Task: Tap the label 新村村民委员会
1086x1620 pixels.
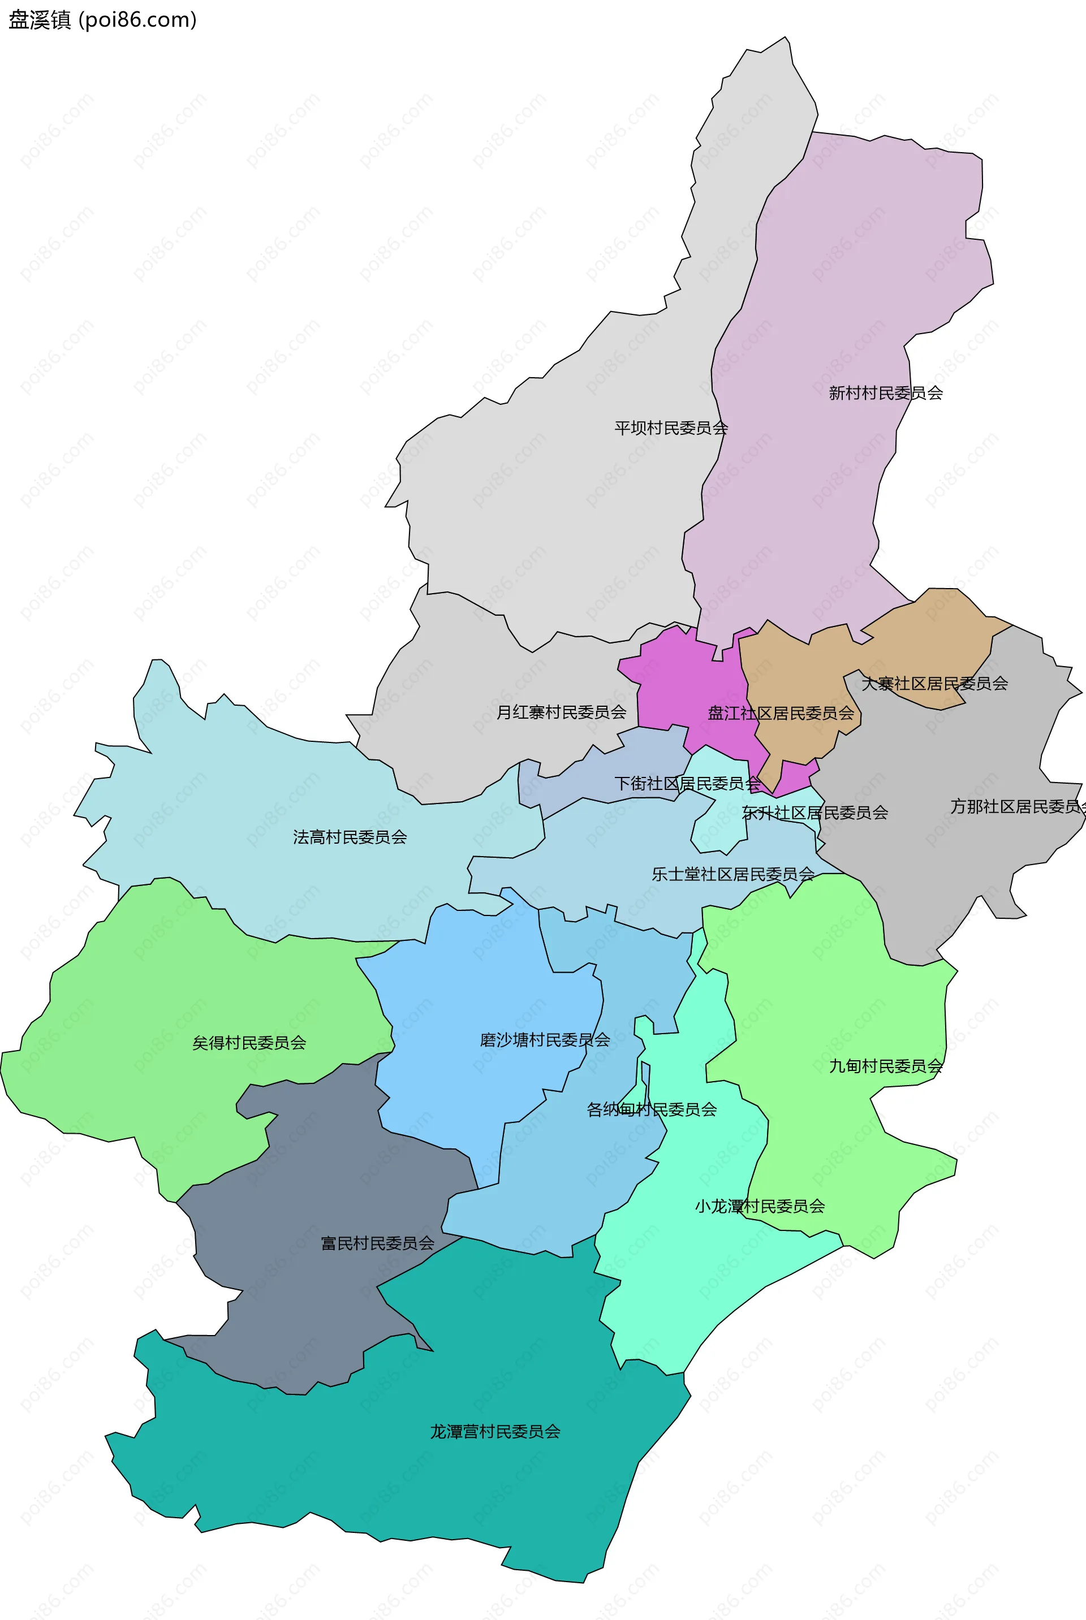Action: [x=885, y=393]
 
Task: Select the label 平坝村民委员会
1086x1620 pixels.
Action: [x=670, y=428]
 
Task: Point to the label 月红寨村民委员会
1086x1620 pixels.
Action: [x=561, y=712]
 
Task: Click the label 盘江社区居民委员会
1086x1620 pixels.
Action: [x=780, y=713]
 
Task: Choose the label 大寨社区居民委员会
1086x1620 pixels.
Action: [x=934, y=683]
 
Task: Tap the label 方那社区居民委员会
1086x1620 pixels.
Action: [x=1015, y=806]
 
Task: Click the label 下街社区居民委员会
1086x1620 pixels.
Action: [x=687, y=783]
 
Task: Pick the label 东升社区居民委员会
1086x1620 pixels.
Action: [x=815, y=812]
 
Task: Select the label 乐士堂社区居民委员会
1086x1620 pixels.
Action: [x=733, y=874]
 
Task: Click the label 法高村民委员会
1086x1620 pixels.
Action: [x=350, y=837]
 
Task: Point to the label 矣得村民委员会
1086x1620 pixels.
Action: [x=249, y=1043]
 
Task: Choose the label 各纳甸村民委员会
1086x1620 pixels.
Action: [x=651, y=1110]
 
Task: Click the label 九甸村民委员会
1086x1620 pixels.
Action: [x=885, y=1066]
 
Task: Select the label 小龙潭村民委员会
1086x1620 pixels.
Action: [x=759, y=1206]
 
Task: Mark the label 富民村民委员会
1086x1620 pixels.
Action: [x=377, y=1243]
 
